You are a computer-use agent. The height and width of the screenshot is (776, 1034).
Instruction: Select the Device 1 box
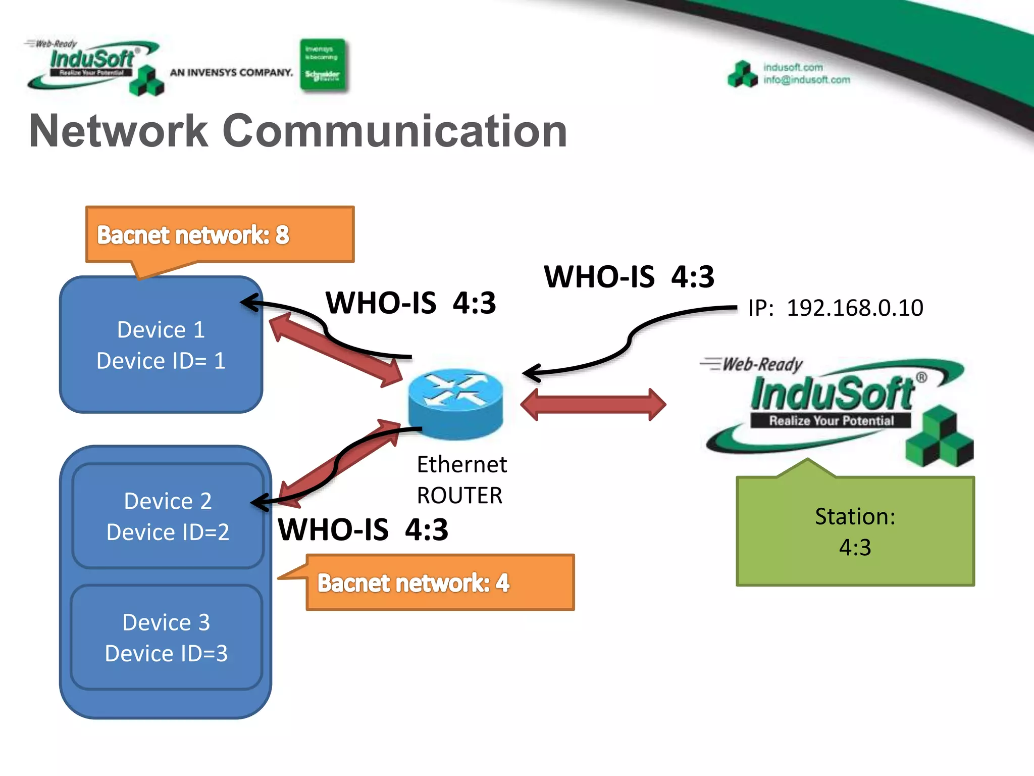161,345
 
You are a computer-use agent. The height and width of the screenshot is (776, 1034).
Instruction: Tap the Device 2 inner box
168,516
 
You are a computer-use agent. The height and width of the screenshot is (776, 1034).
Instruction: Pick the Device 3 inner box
166,637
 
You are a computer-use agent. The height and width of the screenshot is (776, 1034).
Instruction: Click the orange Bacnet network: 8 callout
220,235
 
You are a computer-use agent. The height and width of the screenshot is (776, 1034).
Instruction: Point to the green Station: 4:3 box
855,531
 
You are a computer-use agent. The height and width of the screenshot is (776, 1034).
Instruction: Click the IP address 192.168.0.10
854,308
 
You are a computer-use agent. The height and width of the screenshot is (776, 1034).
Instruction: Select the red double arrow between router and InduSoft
593,404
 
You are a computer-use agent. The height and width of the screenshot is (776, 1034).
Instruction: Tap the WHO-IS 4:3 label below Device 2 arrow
363,529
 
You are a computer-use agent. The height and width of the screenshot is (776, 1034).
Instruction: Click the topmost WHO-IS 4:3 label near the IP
629,277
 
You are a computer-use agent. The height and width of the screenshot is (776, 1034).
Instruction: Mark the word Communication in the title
395,131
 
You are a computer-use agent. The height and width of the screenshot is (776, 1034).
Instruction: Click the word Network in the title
119,131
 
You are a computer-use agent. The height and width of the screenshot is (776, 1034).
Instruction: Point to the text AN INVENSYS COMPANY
231,72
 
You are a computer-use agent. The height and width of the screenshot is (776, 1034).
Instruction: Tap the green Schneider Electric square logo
323,65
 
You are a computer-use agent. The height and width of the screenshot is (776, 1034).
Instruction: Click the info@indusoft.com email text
806,80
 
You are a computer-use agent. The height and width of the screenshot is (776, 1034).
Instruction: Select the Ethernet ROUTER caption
460,479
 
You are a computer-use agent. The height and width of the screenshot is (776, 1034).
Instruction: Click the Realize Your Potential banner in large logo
831,420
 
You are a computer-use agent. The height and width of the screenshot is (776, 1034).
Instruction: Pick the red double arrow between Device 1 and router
336,350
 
